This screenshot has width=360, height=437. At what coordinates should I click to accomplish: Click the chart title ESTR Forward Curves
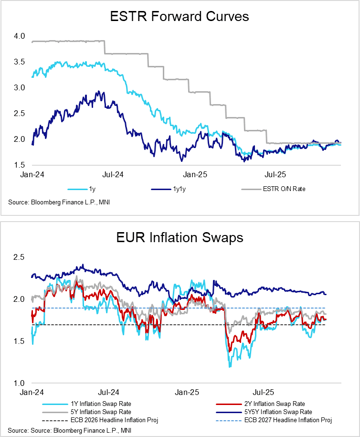point(180,17)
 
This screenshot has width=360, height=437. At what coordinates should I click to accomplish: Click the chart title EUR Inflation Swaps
point(180,237)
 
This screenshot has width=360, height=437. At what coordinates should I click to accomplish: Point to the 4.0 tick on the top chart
point(19,36)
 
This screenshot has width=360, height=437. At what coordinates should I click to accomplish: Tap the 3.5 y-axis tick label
point(19,62)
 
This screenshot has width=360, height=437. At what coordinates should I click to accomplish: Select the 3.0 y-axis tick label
point(19,88)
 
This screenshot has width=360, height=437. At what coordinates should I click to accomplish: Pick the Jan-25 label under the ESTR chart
point(193,175)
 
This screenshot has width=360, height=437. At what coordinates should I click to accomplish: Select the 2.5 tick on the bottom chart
point(19,257)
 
